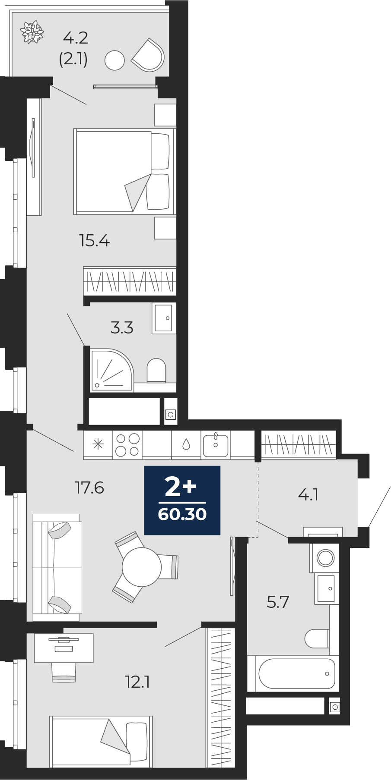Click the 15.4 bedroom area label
pos(94,240)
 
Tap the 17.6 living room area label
pos(89,487)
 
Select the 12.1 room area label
pos(137,682)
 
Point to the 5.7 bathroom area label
pos(277,601)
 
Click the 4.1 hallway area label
pos(308,494)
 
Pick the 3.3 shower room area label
pos(122,328)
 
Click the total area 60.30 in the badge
pos(182,514)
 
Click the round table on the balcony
pos(114,60)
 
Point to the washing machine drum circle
pos(325,558)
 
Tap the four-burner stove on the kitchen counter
pos(127,444)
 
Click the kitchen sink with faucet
pos(216,444)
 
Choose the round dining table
pos(142,566)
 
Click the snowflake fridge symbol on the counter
pos(98,444)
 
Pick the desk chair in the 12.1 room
pos(64,672)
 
